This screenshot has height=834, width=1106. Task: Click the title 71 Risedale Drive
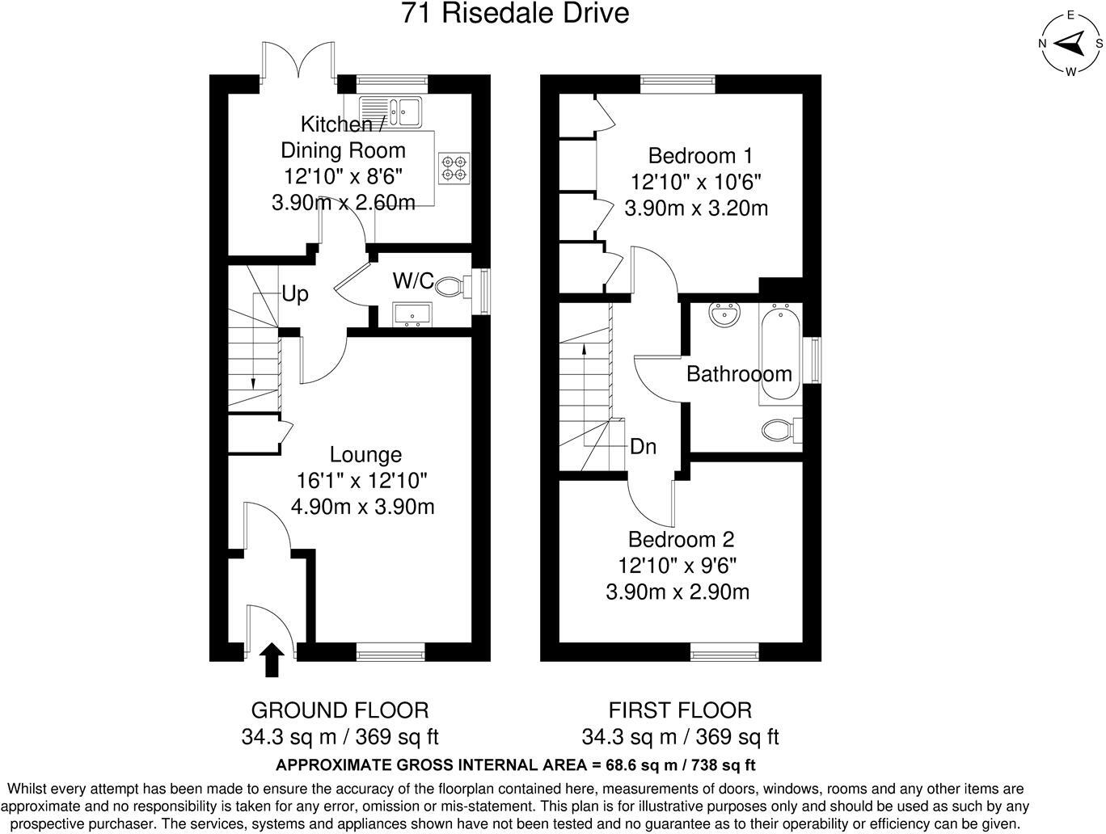point(515,14)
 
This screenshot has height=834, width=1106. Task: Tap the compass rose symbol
point(1070,42)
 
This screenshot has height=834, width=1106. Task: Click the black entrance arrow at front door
point(272,659)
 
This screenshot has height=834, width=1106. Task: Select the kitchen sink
point(391,111)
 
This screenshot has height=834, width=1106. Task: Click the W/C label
point(412,281)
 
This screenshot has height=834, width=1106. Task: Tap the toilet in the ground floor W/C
point(458,284)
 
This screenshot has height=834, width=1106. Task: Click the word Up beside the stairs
point(295,294)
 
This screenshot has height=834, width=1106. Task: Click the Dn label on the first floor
point(643,446)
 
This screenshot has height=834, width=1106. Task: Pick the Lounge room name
point(365,455)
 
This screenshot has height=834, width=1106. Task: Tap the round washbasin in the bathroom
point(724,314)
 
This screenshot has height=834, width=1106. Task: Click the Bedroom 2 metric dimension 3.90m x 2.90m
point(678,592)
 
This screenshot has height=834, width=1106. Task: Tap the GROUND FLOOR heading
point(340,710)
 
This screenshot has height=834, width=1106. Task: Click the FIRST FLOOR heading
point(680,710)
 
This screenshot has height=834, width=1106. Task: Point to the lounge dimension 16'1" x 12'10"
point(362,481)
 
